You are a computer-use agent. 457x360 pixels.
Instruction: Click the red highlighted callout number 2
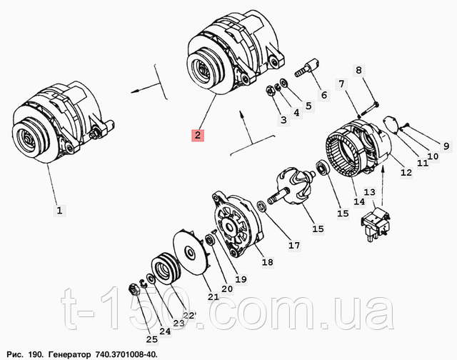(x=198, y=135)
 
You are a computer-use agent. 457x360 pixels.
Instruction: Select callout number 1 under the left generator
(x=59, y=210)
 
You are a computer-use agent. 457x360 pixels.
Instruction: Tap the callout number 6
(x=324, y=95)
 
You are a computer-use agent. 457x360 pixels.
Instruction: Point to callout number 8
(x=358, y=70)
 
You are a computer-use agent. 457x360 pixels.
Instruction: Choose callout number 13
(x=370, y=192)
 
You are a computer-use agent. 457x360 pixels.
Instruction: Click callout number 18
(x=268, y=262)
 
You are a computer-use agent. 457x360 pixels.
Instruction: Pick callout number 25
(x=152, y=339)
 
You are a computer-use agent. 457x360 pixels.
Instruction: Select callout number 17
(x=294, y=246)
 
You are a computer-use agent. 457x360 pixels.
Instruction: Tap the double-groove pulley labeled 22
(x=166, y=268)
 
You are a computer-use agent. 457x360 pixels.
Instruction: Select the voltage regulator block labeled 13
(x=376, y=224)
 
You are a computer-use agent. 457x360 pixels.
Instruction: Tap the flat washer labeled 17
(x=261, y=206)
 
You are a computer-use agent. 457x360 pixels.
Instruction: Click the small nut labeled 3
(x=271, y=91)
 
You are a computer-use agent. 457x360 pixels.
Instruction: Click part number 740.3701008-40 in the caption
(x=126, y=355)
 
